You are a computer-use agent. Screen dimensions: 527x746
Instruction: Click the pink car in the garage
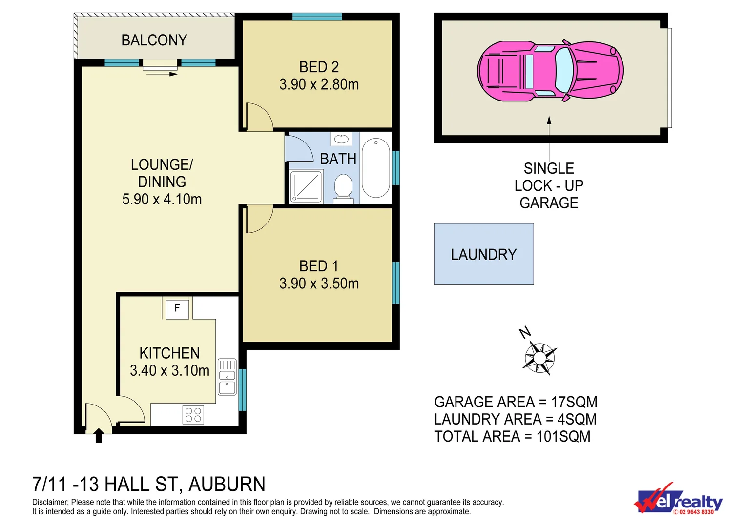click(x=550, y=71)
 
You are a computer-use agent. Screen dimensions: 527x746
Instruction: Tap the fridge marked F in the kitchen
click(x=177, y=309)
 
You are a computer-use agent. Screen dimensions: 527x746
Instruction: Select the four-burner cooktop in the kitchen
click(x=193, y=415)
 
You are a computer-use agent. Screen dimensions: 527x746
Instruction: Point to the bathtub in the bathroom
click(x=376, y=168)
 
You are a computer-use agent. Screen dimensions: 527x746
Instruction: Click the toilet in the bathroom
click(x=344, y=188)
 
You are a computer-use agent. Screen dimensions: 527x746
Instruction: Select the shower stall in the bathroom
click(x=306, y=186)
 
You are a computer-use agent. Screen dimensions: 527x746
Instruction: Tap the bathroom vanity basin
click(x=341, y=139)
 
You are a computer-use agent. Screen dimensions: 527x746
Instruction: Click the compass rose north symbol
click(x=539, y=357)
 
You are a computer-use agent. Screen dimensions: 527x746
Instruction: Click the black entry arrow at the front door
click(x=99, y=435)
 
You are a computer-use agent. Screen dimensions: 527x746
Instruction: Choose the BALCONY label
click(x=154, y=40)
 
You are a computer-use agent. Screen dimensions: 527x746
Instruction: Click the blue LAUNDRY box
click(x=483, y=254)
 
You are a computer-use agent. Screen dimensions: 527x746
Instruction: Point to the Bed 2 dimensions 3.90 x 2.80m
click(x=319, y=84)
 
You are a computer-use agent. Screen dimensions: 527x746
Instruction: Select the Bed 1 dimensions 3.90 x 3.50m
click(x=319, y=284)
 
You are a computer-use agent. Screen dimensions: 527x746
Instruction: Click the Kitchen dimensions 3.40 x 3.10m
click(x=169, y=371)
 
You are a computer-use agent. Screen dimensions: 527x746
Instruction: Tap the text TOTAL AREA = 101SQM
click(x=512, y=436)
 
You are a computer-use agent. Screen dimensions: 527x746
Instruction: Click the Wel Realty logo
click(x=679, y=500)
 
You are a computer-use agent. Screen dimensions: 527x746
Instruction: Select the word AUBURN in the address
click(x=227, y=484)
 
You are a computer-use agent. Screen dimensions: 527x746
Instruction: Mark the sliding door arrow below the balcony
click(x=162, y=74)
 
